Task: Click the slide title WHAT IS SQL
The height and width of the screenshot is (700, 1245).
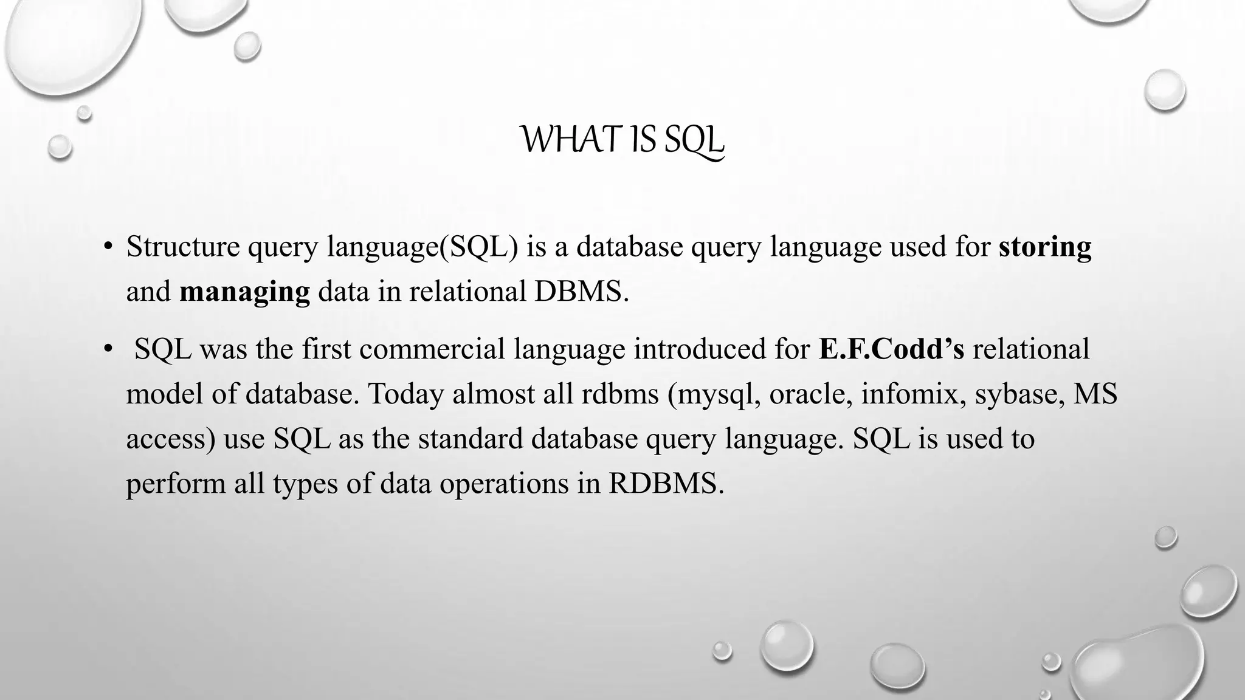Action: (x=622, y=140)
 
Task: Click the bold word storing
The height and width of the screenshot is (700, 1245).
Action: (x=1044, y=247)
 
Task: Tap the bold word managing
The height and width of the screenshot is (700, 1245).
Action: (x=244, y=292)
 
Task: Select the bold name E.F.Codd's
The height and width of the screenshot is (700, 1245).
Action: (x=891, y=349)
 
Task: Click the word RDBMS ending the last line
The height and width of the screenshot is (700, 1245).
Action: (x=666, y=484)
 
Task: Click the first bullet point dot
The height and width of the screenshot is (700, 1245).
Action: (x=108, y=247)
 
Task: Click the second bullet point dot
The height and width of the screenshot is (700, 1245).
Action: (x=108, y=349)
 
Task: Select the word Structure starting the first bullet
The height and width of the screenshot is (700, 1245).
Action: (x=183, y=247)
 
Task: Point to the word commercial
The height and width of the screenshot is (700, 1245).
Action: (x=432, y=349)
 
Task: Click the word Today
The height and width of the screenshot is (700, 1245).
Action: (x=405, y=394)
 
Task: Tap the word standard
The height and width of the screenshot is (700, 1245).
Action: (x=470, y=439)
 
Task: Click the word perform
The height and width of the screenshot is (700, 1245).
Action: (x=176, y=484)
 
